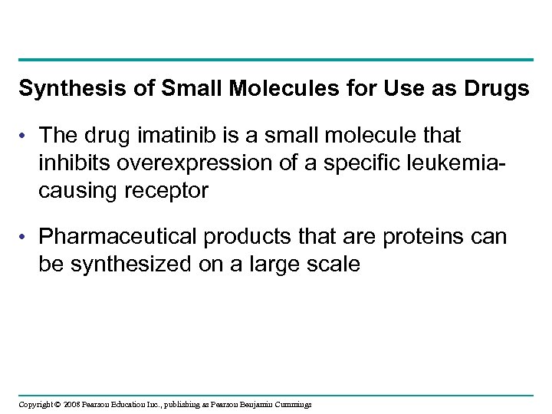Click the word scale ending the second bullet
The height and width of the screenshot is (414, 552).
tap(332, 265)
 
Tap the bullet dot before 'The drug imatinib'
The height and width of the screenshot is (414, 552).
tap(25, 136)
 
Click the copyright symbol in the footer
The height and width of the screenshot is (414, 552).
tap(58, 404)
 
